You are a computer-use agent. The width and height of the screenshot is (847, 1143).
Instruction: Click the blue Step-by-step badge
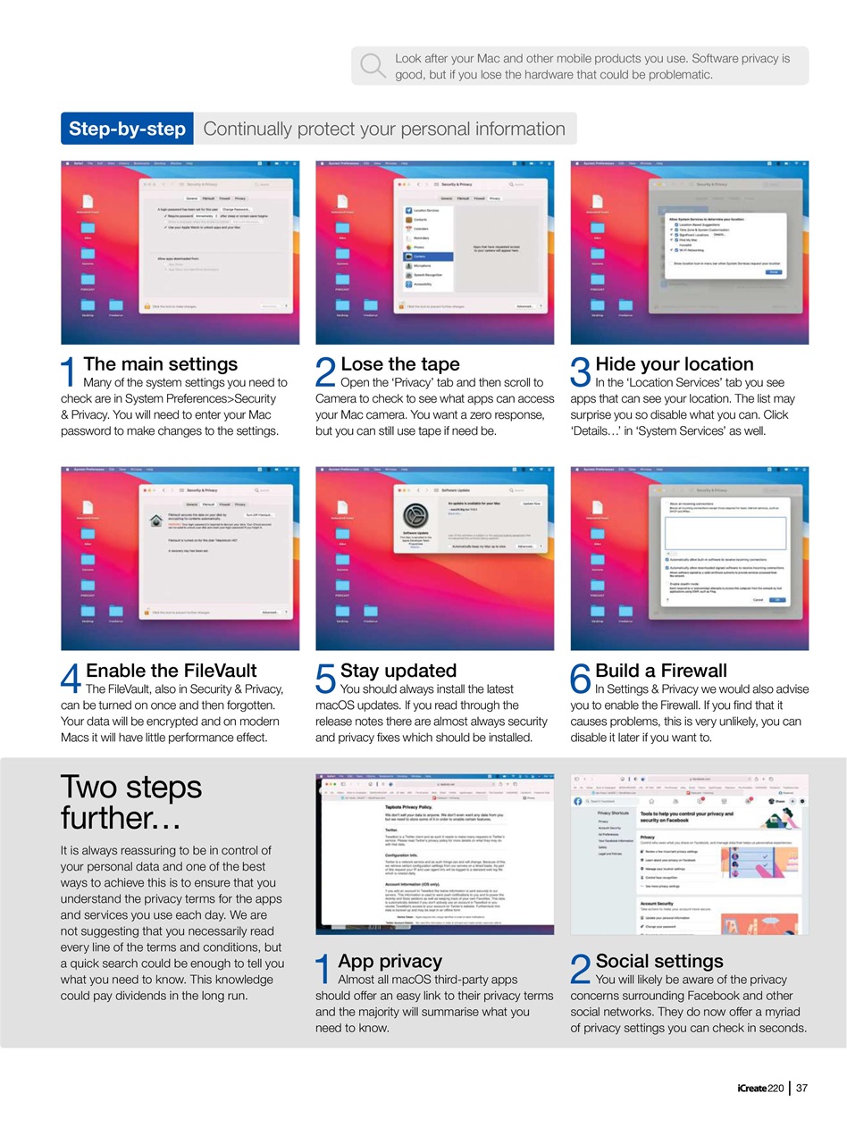point(127,129)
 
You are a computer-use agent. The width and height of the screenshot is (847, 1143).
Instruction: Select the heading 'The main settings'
point(160,363)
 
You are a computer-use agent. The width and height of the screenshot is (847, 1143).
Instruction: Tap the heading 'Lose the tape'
point(399,363)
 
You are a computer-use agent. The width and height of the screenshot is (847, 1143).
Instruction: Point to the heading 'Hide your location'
point(674,363)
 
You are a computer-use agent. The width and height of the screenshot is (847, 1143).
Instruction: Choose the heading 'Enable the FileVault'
point(171,670)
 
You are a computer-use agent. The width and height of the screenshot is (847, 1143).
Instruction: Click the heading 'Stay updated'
point(398,670)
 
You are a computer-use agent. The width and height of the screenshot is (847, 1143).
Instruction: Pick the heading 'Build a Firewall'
point(660,670)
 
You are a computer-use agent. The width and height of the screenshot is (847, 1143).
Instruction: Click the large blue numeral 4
point(71,680)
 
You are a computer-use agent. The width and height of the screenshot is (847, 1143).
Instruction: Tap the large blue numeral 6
point(581,680)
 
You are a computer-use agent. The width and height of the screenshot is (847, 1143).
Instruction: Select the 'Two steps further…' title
point(131,802)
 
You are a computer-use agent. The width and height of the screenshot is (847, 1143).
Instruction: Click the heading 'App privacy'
point(390,961)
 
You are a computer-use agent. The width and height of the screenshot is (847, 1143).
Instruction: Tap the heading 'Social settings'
point(658,961)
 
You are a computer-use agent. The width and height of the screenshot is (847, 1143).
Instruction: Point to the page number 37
point(801,1088)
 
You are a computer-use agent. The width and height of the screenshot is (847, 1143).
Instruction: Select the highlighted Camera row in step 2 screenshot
point(429,256)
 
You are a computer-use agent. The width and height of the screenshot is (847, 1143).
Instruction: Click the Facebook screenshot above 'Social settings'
point(689,854)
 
